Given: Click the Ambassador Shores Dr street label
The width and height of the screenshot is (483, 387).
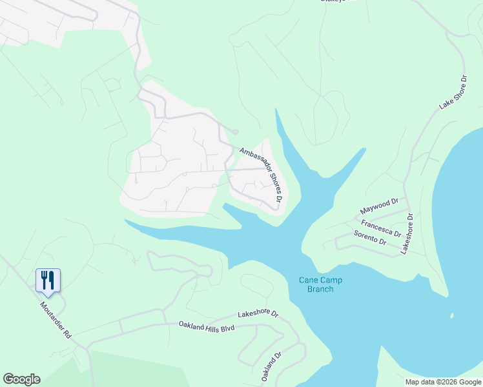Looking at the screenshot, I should click(262, 175).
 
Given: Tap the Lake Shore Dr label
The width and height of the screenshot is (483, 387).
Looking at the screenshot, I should click(453, 93).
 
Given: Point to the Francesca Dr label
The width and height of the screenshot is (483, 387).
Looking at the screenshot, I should click(381, 228).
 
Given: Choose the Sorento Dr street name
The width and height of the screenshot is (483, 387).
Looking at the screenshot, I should click(370, 237).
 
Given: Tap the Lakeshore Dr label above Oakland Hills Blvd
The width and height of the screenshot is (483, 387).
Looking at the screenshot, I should click(258, 315).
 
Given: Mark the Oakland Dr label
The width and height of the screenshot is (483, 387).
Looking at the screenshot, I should click(272, 365).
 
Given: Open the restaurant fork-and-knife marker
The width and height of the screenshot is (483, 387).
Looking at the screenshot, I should click(48, 280).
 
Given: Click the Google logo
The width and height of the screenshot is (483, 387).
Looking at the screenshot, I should click(21, 379).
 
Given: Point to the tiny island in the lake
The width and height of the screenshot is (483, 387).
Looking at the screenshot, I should click(452, 316).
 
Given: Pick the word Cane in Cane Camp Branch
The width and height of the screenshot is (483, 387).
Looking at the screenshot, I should click(307, 280).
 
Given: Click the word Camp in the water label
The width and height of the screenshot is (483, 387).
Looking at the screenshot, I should click(327, 280).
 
